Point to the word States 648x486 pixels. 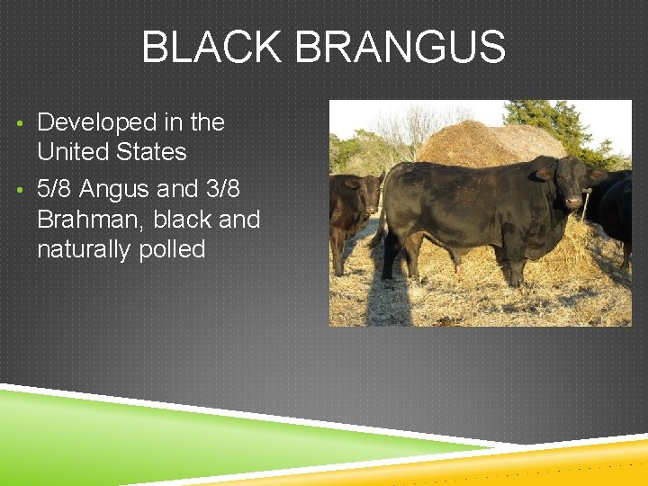[155, 151]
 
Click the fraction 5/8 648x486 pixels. [55, 189]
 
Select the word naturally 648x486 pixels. [85, 249]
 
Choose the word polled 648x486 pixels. [173, 249]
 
